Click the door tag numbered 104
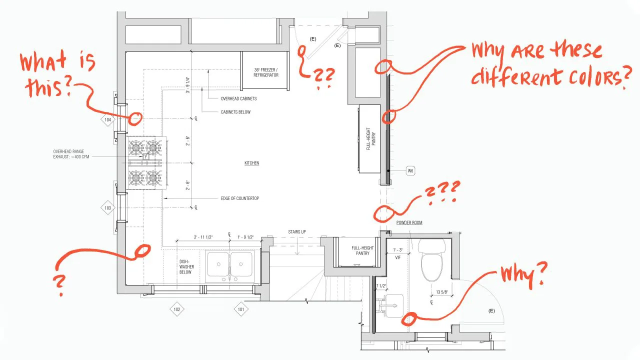pos(107,120)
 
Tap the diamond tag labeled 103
pos(107,207)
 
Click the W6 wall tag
pos(410,171)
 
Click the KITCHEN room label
pos(251,163)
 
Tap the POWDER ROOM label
pos(409,222)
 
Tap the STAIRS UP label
pos(297,232)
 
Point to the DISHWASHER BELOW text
pos(186,267)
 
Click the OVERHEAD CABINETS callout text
pos(238,98)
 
